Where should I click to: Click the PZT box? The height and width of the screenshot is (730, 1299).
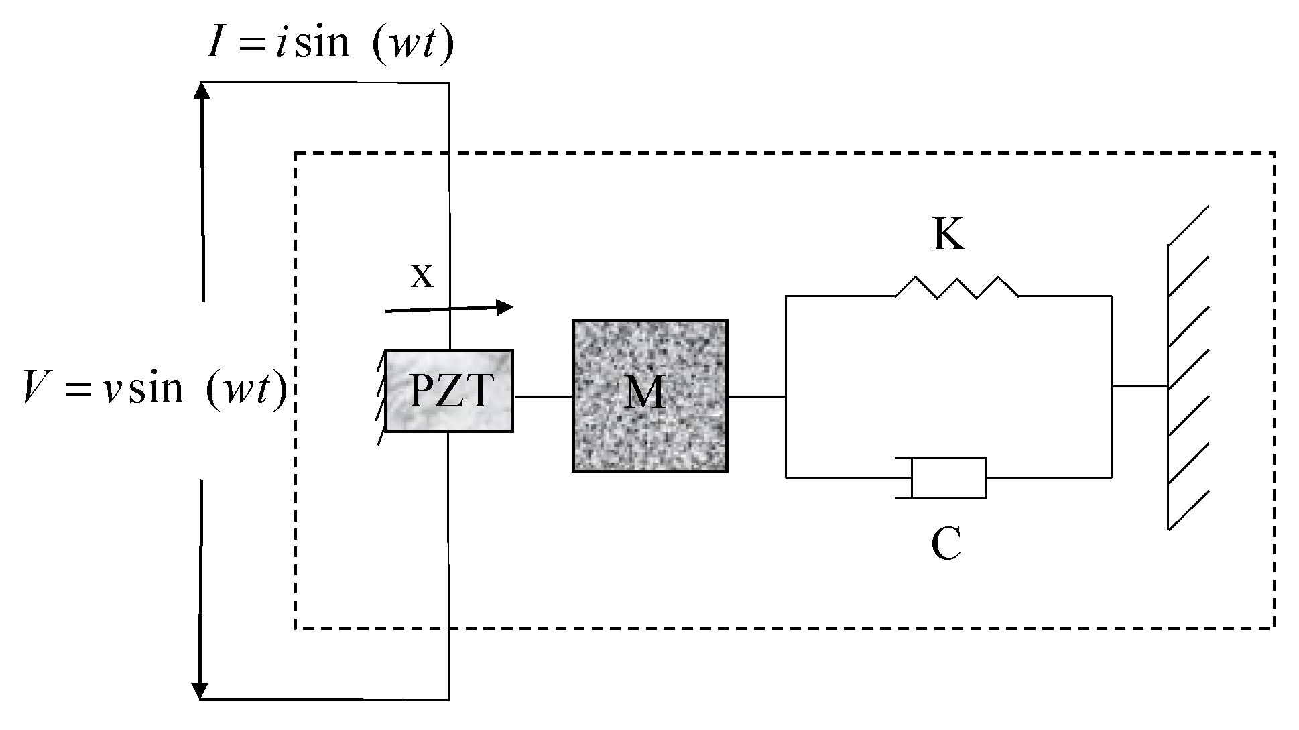[449, 390]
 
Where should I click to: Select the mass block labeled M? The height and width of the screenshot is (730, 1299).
[649, 396]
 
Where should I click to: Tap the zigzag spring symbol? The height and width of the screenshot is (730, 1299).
[956, 288]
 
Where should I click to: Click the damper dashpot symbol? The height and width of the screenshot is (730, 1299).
[947, 477]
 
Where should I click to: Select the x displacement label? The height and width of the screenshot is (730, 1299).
[422, 275]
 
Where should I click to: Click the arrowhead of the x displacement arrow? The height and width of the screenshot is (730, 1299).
[504, 307]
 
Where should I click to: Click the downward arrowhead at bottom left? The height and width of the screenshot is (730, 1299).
[200, 690]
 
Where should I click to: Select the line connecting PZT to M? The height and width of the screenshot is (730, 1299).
[542, 396]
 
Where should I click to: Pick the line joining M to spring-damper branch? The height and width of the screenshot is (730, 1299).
[756, 396]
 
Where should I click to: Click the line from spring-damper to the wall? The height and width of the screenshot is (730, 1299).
[1139, 387]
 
